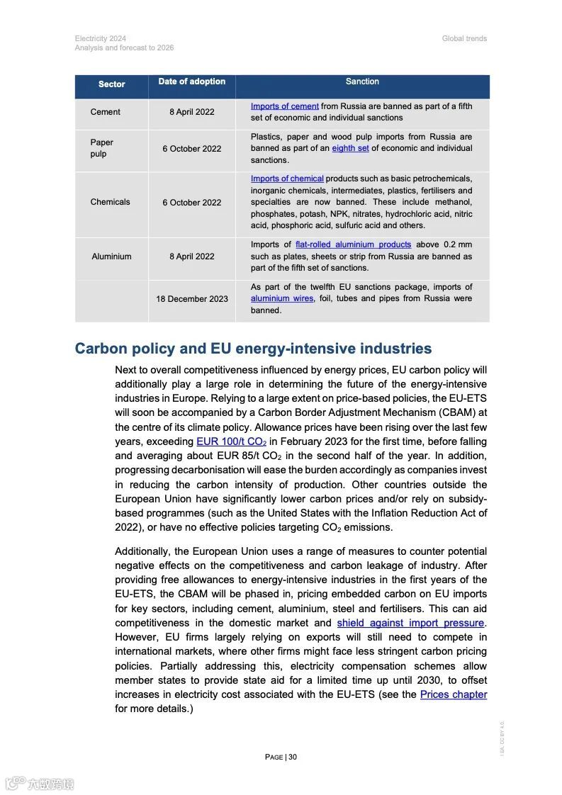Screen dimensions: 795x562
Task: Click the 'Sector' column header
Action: [x=111, y=84]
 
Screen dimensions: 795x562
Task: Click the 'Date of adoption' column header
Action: [x=191, y=81]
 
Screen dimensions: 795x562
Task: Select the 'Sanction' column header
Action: [x=362, y=81]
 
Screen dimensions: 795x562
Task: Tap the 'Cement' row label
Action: [x=105, y=112]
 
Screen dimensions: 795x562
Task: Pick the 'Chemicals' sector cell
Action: [x=110, y=202]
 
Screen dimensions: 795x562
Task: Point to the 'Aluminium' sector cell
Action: [x=111, y=256]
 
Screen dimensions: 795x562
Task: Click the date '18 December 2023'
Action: [x=191, y=299]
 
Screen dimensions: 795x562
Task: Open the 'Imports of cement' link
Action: [x=284, y=106]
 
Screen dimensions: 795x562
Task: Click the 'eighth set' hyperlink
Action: [x=350, y=148]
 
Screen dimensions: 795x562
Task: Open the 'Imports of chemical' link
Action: [x=287, y=179]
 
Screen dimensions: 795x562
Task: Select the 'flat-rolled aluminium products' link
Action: [x=353, y=244]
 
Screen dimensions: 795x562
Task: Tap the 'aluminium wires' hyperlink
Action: [x=281, y=299]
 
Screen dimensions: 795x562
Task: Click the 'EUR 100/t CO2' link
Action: [x=231, y=442]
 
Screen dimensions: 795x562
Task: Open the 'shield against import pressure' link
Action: [x=410, y=623]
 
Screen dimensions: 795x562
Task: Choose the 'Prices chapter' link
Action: [x=453, y=694]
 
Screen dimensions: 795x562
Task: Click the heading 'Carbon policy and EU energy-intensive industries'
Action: [x=253, y=349]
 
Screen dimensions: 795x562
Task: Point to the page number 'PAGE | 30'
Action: [x=281, y=757]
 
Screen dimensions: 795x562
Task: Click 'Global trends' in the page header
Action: [x=464, y=38]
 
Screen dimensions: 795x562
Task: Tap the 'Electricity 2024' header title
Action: [x=101, y=38]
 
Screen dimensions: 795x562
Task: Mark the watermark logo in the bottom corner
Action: [x=40, y=784]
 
